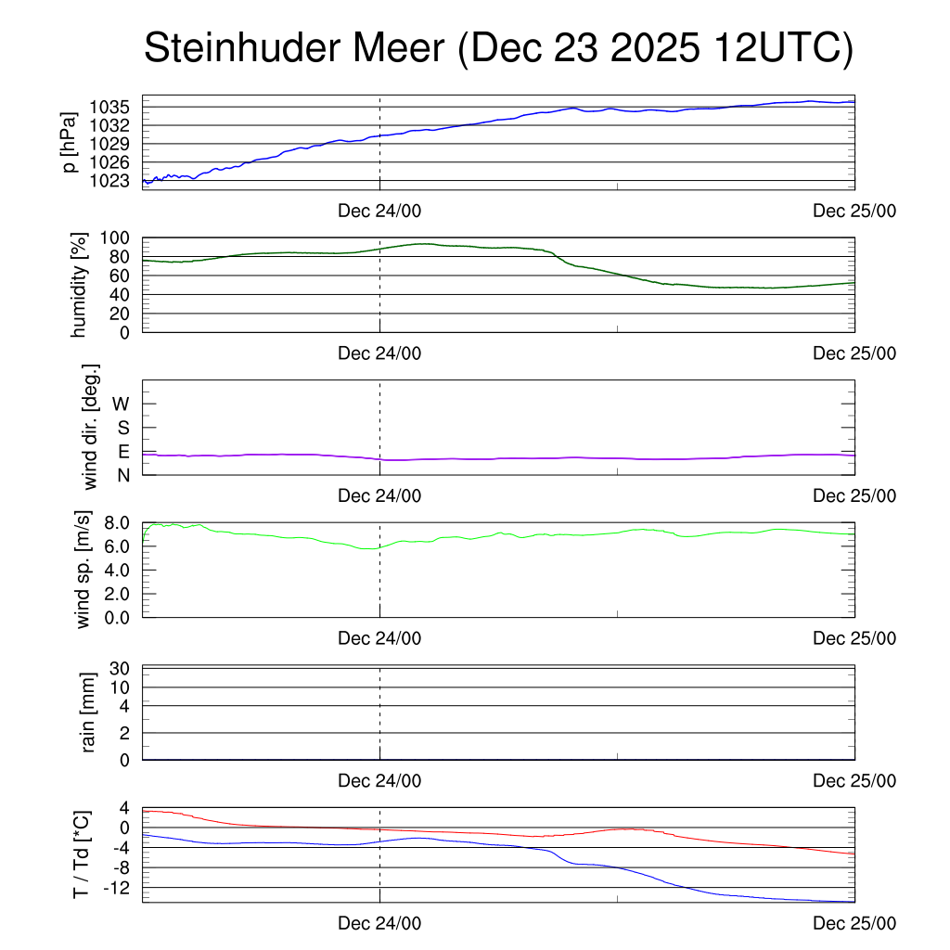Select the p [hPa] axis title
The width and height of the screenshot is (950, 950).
pyautogui.click(x=70, y=142)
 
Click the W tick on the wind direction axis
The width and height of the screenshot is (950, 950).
pyautogui.click(x=122, y=404)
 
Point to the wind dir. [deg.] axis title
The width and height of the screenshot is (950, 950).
pyautogui.click(x=91, y=428)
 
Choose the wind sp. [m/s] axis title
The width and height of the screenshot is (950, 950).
pyautogui.click(x=84, y=570)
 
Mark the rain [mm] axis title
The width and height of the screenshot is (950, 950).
pyautogui.click(x=88, y=712)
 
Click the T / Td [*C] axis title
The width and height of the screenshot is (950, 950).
pyautogui.click(x=82, y=854)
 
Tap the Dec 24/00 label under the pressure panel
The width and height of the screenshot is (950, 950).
pyautogui.click(x=379, y=211)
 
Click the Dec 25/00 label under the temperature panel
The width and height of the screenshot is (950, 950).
pyautogui.click(x=854, y=923)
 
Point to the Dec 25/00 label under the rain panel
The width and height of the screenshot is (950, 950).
pyautogui.click(x=854, y=780)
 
